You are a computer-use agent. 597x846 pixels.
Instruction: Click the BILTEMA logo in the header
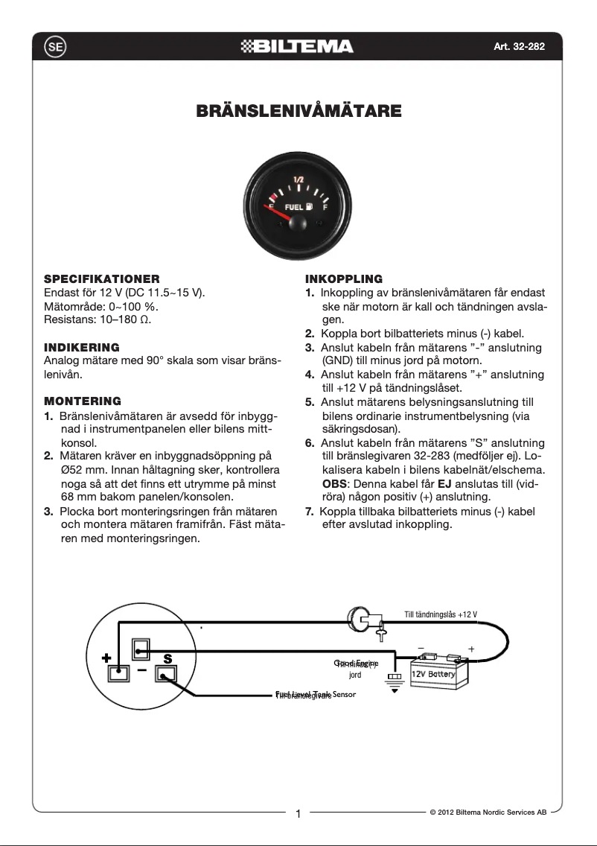(x=298, y=47)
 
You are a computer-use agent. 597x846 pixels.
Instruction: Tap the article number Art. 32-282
(x=519, y=47)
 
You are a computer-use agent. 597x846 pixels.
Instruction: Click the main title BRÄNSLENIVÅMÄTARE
(x=298, y=112)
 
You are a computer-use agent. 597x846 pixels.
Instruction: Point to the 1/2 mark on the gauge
(x=298, y=179)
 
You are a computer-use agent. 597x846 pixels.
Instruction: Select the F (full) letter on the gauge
(x=325, y=207)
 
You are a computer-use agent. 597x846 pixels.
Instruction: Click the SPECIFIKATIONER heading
(x=102, y=279)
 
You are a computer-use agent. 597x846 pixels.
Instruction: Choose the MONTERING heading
(x=83, y=401)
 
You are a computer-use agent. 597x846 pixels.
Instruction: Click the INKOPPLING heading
(x=344, y=279)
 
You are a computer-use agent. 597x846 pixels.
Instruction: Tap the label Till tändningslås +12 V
(x=441, y=614)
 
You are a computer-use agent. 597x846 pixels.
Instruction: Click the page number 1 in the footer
(x=298, y=814)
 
